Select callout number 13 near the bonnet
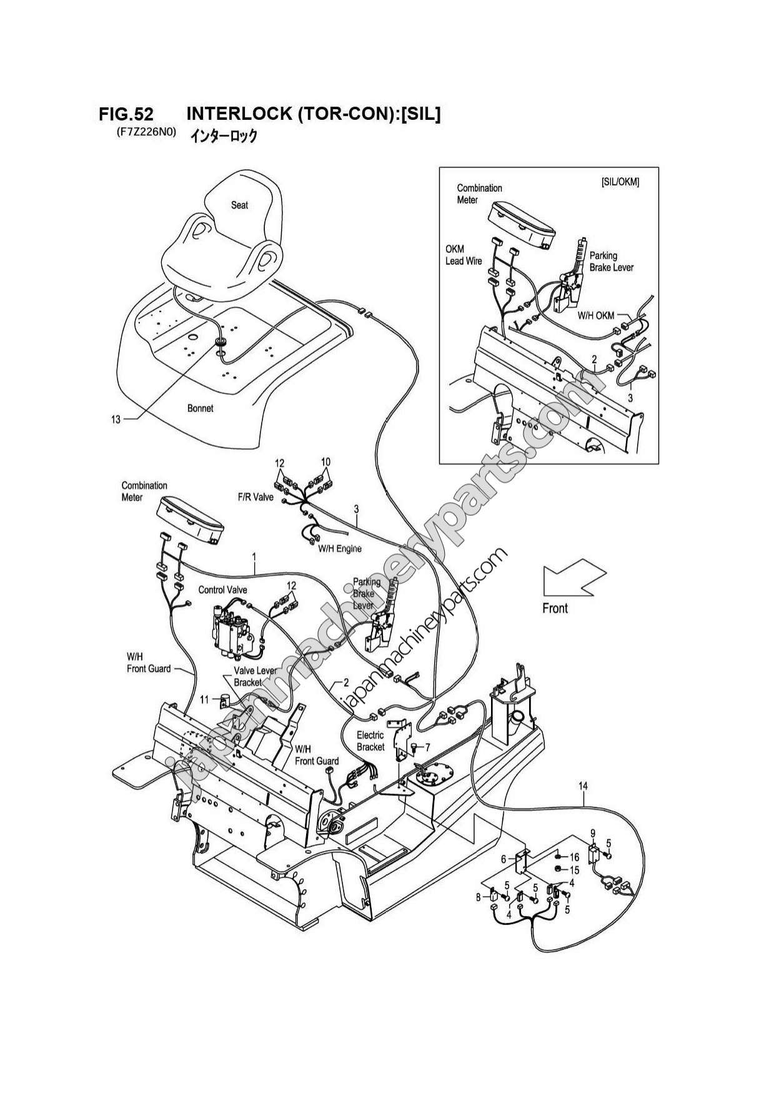(x=116, y=420)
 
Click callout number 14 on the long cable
(x=582, y=786)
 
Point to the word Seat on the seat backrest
(x=239, y=205)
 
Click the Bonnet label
(x=200, y=408)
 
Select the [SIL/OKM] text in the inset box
(x=620, y=182)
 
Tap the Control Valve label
(x=222, y=589)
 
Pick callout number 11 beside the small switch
(x=204, y=699)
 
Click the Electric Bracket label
(x=370, y=741)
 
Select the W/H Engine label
(x=340, y=549)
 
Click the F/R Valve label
(x=255, y=498)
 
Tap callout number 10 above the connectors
(x=325, y=462)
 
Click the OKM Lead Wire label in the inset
(x=463, y=255)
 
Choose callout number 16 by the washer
(x=574, y=857)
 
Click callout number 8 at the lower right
(x=479, y=897)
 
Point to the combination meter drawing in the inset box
(x=520, y=224)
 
